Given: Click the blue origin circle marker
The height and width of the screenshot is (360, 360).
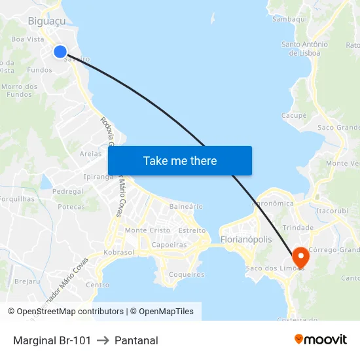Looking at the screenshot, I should pos(60,52).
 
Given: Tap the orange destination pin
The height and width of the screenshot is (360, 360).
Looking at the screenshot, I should pos(301,257).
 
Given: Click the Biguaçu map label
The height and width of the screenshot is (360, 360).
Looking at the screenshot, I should pos(46,22).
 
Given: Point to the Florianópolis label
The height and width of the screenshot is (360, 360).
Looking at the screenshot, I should pos(246,240).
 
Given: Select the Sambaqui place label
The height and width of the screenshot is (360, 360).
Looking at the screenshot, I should pos(289,19).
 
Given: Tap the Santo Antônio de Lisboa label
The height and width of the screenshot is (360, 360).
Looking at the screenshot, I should pos(304,48).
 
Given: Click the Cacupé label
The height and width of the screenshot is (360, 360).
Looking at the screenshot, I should pos(294,115).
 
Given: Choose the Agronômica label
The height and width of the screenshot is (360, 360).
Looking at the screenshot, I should pos(272,204).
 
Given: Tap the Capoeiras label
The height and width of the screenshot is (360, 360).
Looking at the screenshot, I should pos(170,245).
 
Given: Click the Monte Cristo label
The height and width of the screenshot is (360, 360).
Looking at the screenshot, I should pos(147,230).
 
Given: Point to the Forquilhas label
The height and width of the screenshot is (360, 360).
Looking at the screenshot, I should pos(17,199).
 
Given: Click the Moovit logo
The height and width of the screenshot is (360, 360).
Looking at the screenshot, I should pos(321,339).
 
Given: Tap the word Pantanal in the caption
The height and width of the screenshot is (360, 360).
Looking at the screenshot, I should pos(136,340).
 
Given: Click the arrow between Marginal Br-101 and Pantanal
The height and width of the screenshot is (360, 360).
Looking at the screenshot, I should pos(103,340).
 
